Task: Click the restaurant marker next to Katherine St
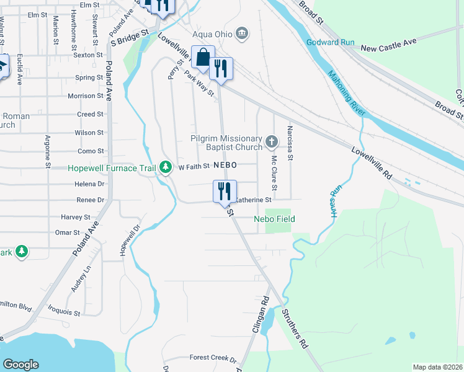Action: tap(225, 191)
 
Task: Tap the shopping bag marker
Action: tap(203, 58)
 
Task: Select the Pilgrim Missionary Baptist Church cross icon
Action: tap(271, 143)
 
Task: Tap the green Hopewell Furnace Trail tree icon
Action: tap(165, 167)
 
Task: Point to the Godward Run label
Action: tap(330, 42)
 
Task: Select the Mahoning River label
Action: tap(347, 94)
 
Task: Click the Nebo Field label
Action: tap(274, 219)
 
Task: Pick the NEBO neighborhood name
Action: tap(226, 166)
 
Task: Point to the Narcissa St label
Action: tap(290, 142)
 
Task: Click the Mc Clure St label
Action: tap(273, 173)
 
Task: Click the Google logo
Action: tap(20, 365)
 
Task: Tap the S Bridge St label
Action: tap(131, 36)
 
